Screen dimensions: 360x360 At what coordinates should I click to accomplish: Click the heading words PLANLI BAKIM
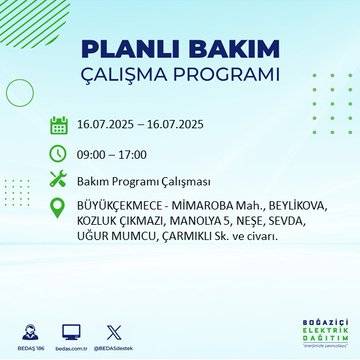pos(180,49)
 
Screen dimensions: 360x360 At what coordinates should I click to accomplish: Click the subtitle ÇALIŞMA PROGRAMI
pos(180,76)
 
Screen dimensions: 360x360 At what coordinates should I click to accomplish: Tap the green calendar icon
pos(59,126)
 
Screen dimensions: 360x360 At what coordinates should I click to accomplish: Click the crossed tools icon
pos(59,181)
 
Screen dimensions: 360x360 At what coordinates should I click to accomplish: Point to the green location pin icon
pos(59,208)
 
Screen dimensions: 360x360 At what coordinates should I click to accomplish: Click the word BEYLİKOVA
pos(287,207)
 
